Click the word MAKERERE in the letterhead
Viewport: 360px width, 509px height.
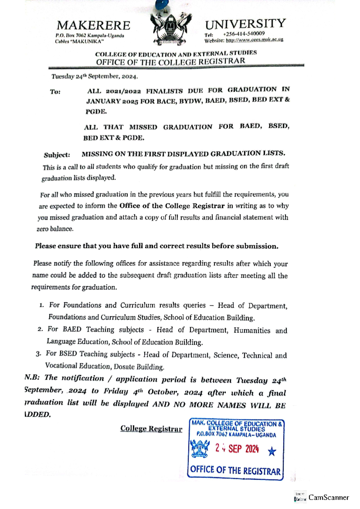click(93, 25)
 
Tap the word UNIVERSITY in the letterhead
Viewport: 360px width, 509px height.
click(245, 24)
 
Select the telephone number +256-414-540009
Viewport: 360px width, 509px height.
click(244, 34)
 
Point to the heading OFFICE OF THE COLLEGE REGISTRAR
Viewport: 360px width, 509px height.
click(170, 61)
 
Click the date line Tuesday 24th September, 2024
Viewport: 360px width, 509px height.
click(94, 76)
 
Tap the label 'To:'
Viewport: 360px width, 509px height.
click(55, 92)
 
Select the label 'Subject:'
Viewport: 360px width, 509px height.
click(57, 155)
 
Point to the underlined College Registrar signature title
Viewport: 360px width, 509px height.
click(151, 429)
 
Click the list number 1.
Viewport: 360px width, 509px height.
click(41, 305)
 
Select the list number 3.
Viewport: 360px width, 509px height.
click(38, 354)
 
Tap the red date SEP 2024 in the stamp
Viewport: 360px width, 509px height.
click(243, 449)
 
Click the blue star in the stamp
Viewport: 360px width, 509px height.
click(272, 451)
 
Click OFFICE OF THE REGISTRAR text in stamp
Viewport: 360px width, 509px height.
click(235, 470)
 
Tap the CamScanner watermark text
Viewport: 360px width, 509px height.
click(328, 498)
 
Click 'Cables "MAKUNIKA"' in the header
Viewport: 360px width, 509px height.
click(79, 41)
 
